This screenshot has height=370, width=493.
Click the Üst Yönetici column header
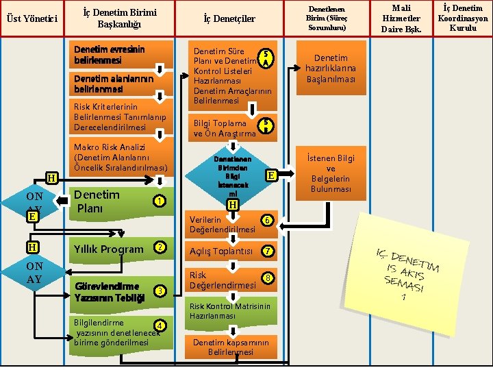(x=31, y=18)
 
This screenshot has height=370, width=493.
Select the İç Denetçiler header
(x=229, y=18)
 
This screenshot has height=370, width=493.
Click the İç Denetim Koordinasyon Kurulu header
(x=464, y=18)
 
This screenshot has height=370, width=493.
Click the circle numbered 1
(x=158, y=201)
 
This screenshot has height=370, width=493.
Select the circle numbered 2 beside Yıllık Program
(x=160, y=247)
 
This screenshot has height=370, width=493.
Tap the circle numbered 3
(x=160, y=291)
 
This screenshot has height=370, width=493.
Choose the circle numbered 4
(x=159, y=325)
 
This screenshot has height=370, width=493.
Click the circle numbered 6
(x=268, y=220)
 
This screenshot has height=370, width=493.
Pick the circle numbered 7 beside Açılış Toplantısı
(x=268, y=251)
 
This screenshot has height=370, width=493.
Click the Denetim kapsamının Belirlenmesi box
(x=232, y=347)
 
